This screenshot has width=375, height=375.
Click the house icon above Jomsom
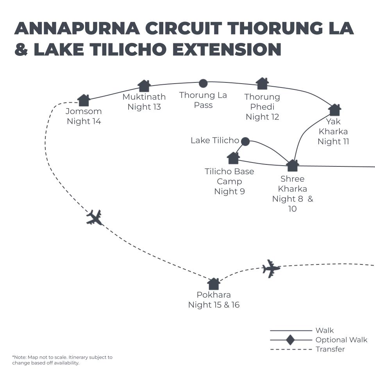click(84, 100)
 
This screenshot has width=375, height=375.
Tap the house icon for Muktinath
click(144, 86)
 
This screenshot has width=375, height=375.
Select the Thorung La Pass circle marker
click(203, 83)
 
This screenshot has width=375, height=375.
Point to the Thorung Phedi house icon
click(262, 84)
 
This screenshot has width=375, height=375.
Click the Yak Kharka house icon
click(335, 110)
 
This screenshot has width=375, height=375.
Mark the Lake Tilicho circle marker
click(245, 141)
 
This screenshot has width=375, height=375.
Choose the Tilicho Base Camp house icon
click(233, 158)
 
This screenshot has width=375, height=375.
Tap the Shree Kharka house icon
click(293, 166)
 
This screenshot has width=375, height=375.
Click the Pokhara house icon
click(214, 284)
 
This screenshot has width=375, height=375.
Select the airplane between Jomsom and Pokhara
click(94, 217)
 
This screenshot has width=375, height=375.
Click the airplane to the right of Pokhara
click(271, 269)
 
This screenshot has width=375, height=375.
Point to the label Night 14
click(84, 121)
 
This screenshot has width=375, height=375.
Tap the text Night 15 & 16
click(214, 305)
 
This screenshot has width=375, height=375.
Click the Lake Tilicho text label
click(214, 140)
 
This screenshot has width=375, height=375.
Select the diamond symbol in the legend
click(290, 340)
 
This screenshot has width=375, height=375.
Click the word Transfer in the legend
click(330, 349)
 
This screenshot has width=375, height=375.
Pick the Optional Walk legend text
click(341, 340)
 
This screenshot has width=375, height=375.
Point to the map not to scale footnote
click(62, 360)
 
